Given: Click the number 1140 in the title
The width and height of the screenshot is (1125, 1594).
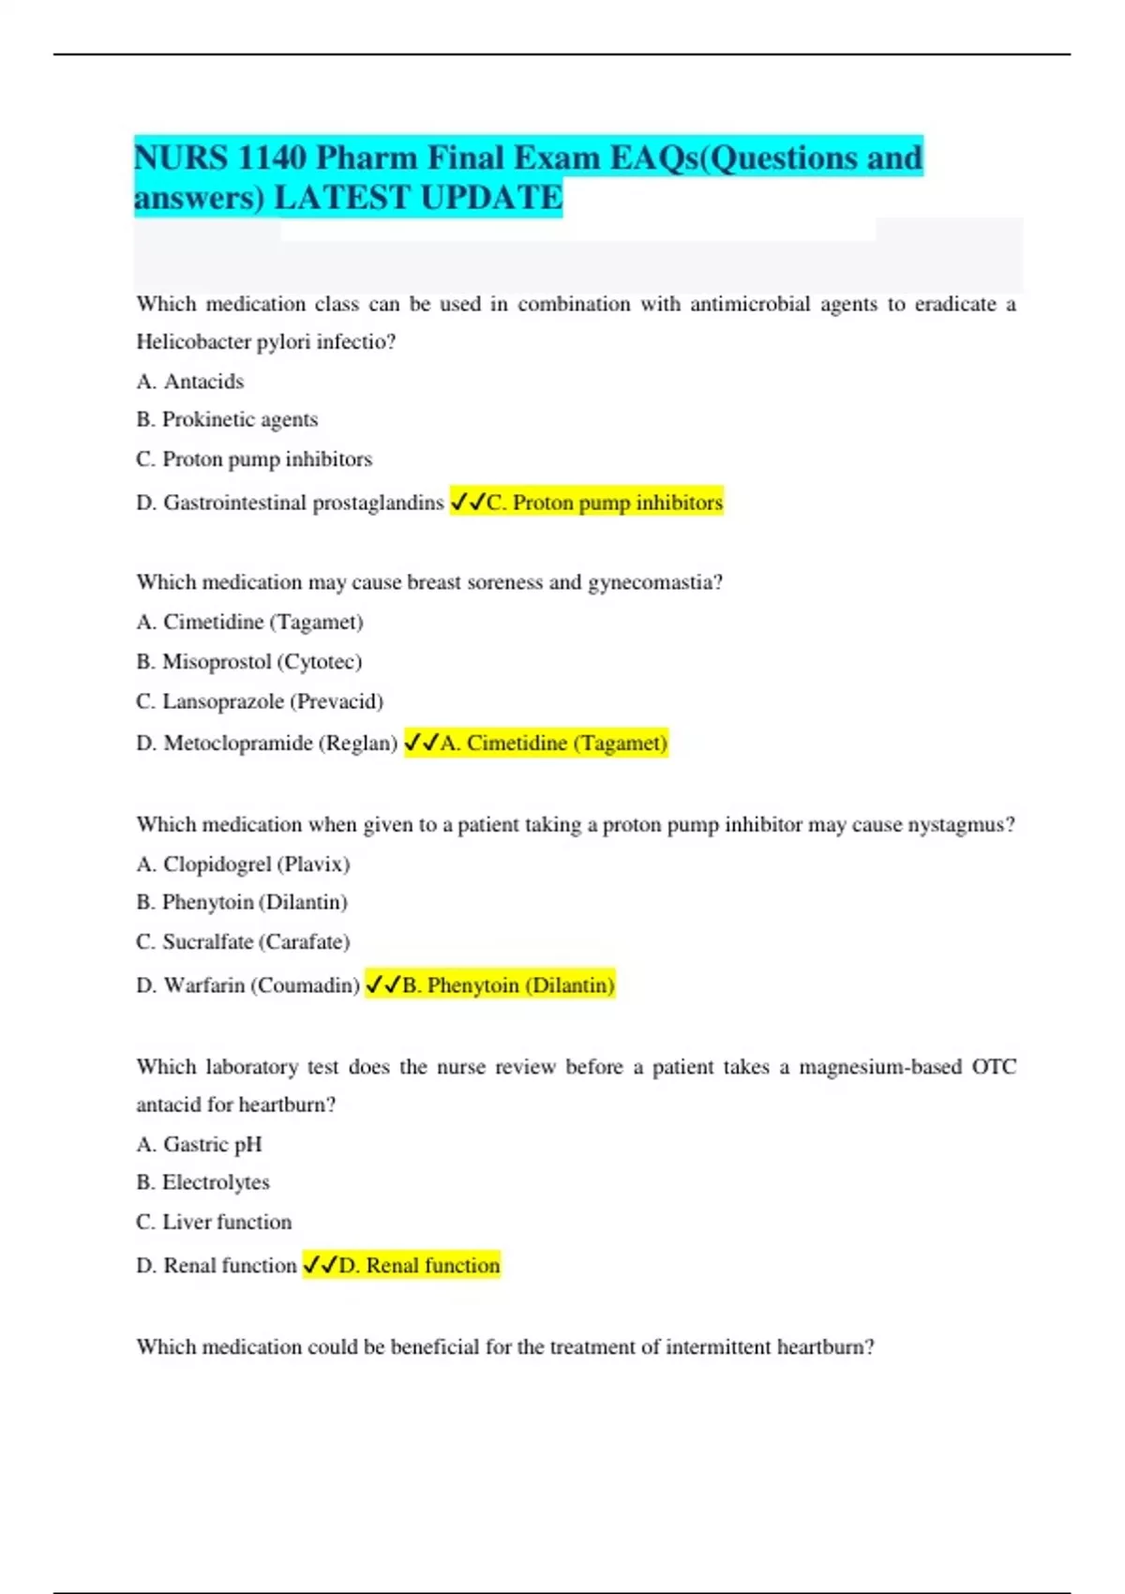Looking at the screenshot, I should pyautogui.click(x=271, y=158).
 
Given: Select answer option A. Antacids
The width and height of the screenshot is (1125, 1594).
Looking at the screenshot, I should pyautogui.click(x=190, y=382).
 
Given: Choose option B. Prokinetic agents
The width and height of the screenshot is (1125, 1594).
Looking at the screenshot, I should pyautogui.click(x=227, y=419).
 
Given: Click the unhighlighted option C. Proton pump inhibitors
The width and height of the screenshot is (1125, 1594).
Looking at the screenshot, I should pyautogui.click(x=254, y=459).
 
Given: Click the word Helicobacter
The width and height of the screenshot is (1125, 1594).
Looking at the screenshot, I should pyautogui.click(x=194, y=342).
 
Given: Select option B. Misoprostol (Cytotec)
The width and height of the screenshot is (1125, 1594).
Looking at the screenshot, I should pyautogui.click(x=248, y=662).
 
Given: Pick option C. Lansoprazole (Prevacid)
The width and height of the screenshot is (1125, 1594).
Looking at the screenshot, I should pyautogui.click(x=260, y=701).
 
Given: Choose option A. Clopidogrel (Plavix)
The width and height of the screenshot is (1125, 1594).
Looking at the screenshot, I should pyautogui.click(x=243, y=865).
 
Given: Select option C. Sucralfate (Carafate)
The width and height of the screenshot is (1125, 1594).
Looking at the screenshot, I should pyautogui.click(x=243, y=941).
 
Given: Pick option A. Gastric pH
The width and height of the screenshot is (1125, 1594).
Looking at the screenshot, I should pyautogui.click(x=199, y=1145).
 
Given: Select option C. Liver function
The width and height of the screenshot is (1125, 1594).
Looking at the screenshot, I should pyautogui.click(x=214, y=1222).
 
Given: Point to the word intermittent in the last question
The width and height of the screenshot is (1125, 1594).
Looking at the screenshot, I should pyautogui.click(x=719, y=1347).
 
